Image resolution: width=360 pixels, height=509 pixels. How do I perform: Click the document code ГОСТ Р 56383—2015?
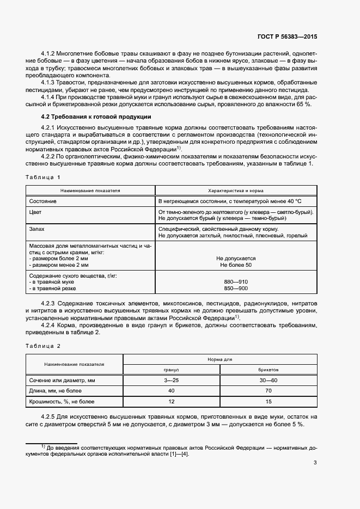286,37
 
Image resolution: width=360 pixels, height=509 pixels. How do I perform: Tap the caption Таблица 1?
43,177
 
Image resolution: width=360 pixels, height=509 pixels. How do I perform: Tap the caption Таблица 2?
43,346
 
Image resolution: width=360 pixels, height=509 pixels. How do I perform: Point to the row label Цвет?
36,212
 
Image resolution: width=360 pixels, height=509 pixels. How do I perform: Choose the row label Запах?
37,230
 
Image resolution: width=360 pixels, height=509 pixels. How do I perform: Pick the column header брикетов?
268,369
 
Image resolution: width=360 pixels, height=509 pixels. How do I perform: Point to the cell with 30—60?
268,380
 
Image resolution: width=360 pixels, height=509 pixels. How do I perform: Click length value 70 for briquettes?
268,391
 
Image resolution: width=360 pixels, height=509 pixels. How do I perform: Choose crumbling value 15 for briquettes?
268,402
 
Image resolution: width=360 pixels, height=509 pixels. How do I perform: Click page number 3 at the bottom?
315,463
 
